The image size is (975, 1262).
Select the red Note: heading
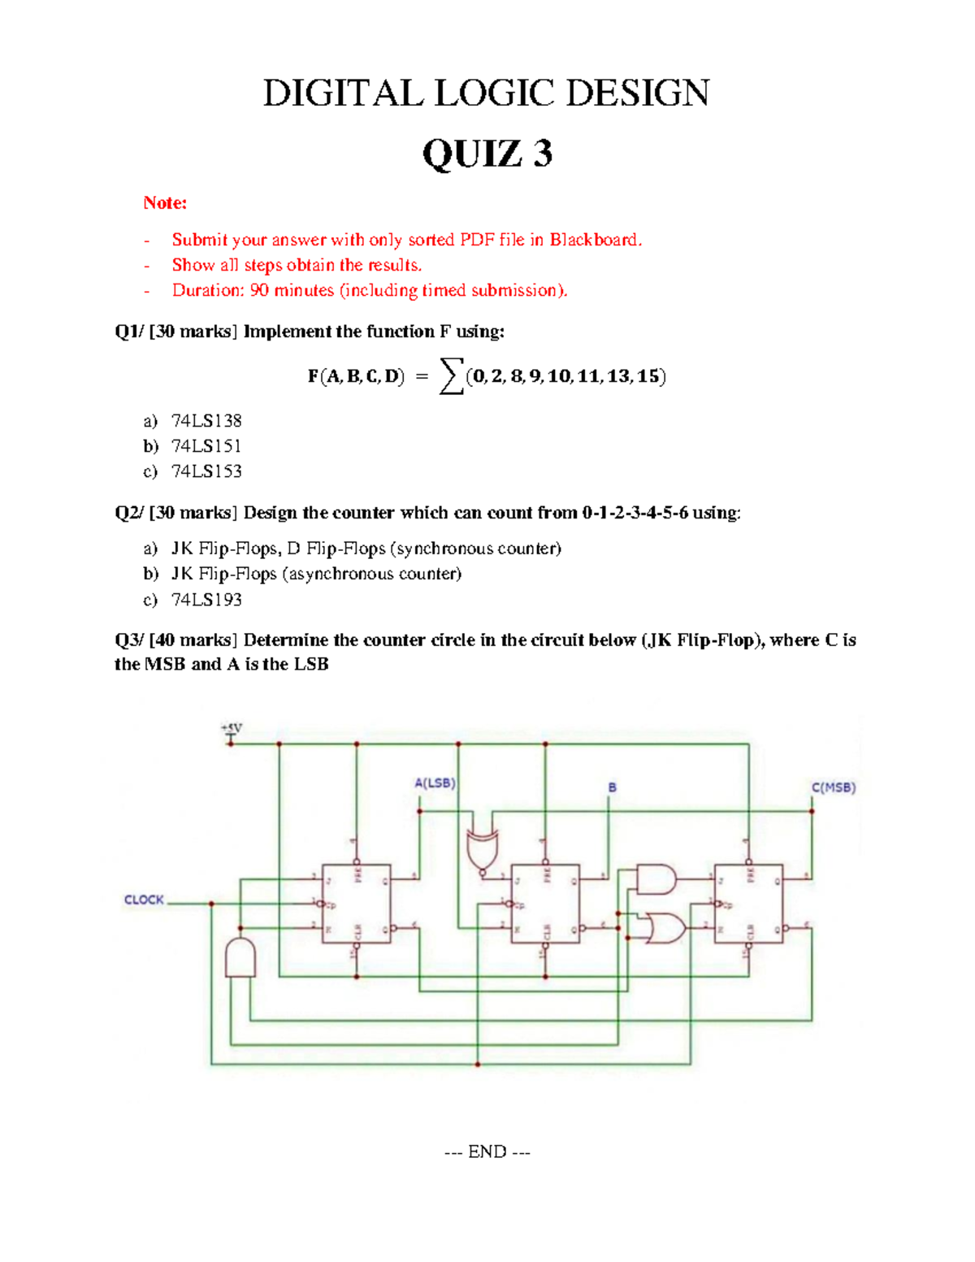point(165,202)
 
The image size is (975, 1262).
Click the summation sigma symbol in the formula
point(451,376)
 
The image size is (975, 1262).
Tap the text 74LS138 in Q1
point(206,421)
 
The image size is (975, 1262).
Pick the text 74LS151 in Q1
point(206,446)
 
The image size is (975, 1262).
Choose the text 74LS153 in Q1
point(206,471)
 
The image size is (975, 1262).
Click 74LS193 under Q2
point(206,600)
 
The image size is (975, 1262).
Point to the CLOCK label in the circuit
point(144,900)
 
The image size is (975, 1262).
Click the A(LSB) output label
point(435,783)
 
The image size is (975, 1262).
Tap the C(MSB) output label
point(834,787)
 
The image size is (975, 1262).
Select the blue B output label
point(612,787)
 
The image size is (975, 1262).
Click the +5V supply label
point(232,727)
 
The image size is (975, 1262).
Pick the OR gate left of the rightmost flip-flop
point(661,928)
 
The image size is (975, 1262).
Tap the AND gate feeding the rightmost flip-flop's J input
point(656,879)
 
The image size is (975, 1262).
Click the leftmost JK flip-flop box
point(356,904)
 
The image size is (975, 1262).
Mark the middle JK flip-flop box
point(545,904)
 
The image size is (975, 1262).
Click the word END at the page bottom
point(487,1151)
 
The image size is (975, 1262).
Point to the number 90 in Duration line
point(259,290)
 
